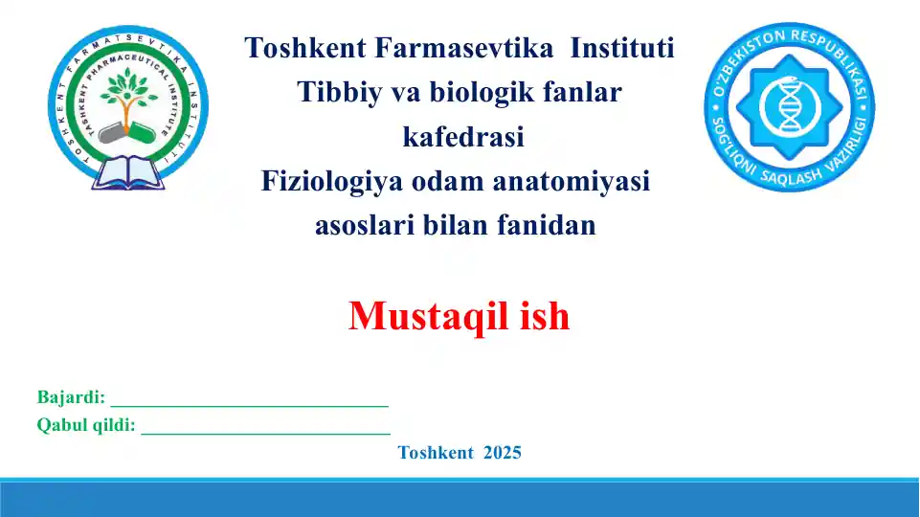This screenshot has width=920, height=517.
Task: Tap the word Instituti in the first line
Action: [x=622, y=48]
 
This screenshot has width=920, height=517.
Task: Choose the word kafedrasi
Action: [x=463, y=138]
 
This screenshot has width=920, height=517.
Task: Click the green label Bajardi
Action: [x=71, y=397]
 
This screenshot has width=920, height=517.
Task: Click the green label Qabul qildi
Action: [x=86, y=426]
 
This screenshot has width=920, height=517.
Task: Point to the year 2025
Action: [x=503, y=453]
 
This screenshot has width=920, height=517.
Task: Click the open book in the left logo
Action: [x=127, y=175]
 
